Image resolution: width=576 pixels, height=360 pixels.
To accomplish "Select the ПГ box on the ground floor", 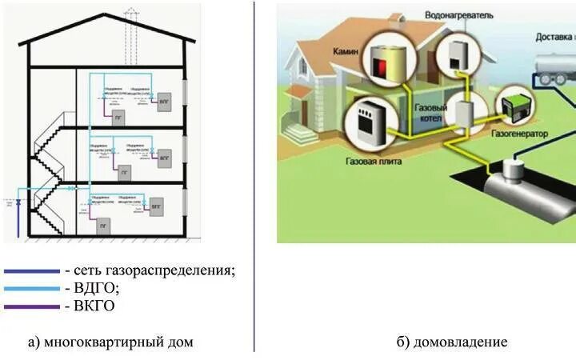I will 102,226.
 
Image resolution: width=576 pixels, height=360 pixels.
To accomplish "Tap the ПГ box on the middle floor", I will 124,171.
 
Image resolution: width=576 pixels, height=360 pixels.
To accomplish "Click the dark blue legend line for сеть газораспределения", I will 31,271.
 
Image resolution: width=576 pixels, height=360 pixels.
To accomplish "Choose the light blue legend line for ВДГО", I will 31,288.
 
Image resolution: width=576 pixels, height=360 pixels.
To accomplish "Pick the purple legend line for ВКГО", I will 31,306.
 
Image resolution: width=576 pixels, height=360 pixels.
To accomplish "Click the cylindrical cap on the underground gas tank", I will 513,168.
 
